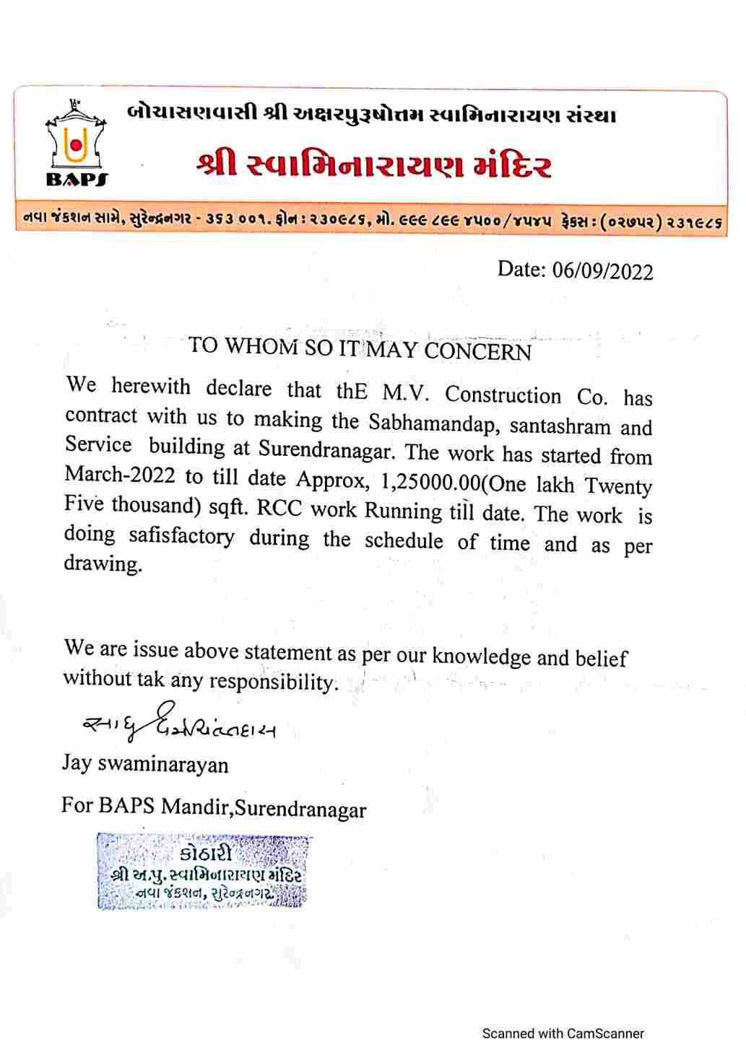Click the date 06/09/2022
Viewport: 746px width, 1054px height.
pyautogui.click(x=602, y=271)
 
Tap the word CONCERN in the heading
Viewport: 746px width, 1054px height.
pyautogui.click(x=477, y=351)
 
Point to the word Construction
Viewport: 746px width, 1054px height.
pyautogui.click(x=503, y=395)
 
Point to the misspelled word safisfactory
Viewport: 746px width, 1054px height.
pyautogui.click(x=181, y=536)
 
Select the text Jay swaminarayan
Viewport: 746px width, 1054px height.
pyautogui.click(x=145, y=763)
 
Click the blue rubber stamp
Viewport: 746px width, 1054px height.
pyautogui.click(x=203, y=871)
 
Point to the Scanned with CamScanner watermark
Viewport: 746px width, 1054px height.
pyautogui.click(x=563, y=1033)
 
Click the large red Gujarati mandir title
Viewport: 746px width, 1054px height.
pyautogui.click(x=373, y=165)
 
